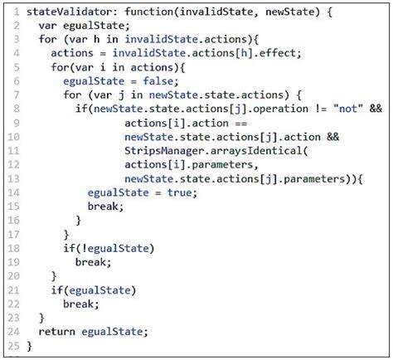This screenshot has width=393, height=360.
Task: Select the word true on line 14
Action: pyautogui.click(x=179, y=192)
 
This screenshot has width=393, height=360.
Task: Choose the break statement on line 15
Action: pyautogui.click(x=103, y=206)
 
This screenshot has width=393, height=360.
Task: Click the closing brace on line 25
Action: pyautogui.click(x=30, y=344)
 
